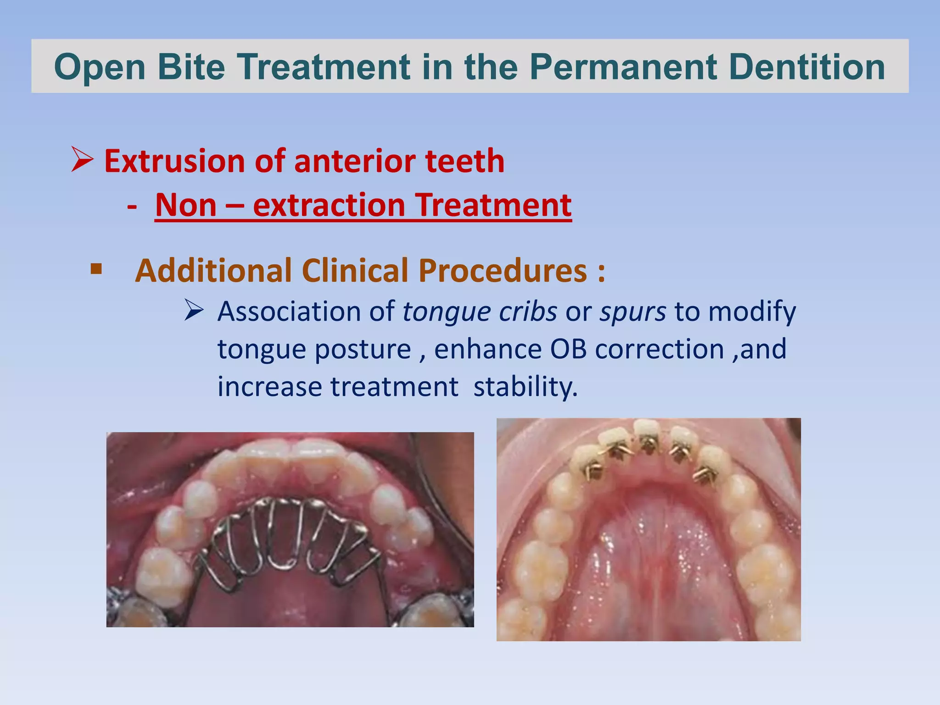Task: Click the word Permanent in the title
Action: [623, 67]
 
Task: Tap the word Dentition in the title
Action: [806, 67]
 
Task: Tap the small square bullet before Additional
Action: [96, 269]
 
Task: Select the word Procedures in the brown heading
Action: [503, 270]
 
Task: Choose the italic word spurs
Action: [633, 312]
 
